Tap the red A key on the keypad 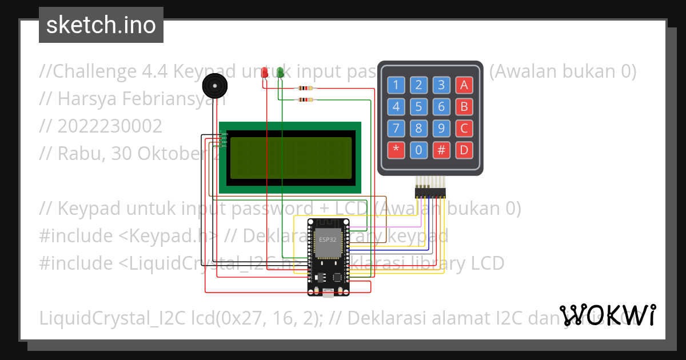[x=464, y=86]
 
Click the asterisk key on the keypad [x=396, y=150]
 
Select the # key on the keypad [x=441, y=150]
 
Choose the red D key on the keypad [x=464, y=150]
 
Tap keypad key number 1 [x=396, y=86]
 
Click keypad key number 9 [x=441, y=129]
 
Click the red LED [x=264, y=73]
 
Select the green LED [x=280, y=73]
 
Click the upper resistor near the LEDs [x=305, y=89]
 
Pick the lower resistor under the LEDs [x=305, y=100]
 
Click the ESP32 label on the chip [x=328, y=239]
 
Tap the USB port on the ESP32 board [x=328, y=293]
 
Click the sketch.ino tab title [x=101, y=25]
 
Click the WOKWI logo [x=608, y=315]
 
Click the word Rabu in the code [x=77, y=153]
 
